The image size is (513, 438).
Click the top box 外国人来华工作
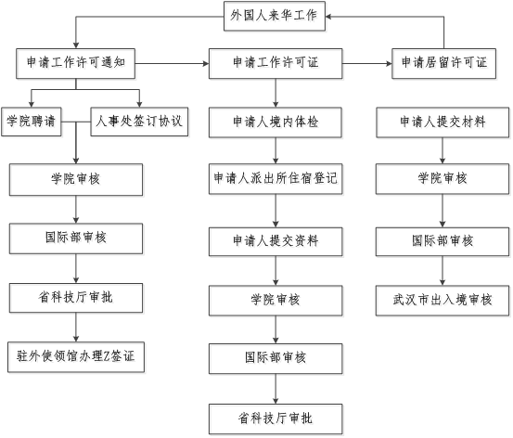point(275,16)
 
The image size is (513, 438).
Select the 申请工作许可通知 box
point(75,64)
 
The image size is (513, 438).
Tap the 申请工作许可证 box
point(276,64)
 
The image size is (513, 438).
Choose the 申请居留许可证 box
point(444,64)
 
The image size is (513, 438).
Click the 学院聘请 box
point(32,122)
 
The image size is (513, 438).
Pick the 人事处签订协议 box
point(139,122)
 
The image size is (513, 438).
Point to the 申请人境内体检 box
point(276,122)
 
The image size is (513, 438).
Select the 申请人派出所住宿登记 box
point(276,179)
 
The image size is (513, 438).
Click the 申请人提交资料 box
point(276,241)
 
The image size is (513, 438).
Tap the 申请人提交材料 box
point(442,122)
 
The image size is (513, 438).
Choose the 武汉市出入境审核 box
point(442,301)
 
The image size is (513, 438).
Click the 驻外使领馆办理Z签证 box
point(76,357)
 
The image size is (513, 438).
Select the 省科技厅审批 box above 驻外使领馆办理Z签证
point(76,298)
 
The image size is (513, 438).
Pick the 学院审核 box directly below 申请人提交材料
point(442,179)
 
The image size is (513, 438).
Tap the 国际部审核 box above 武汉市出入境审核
point(442,241)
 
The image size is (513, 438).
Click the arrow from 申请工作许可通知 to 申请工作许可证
point(173,63)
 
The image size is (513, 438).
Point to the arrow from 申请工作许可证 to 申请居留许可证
point(367,63)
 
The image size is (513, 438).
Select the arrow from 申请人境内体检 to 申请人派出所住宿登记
point(276,150)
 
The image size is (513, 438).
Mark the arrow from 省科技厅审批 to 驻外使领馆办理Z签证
point(76,328)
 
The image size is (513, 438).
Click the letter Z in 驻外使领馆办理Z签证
point(107,356)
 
